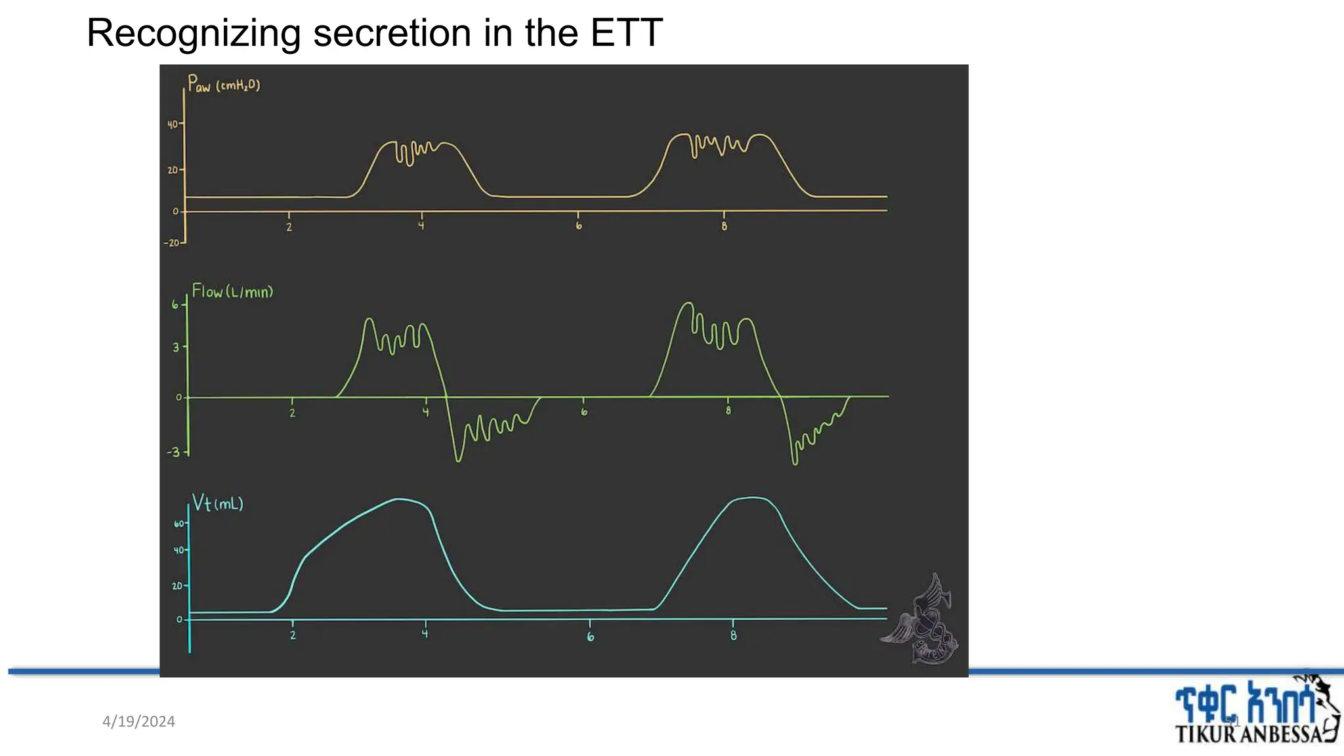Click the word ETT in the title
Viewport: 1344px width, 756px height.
pyautogui.click(x=626, y=33)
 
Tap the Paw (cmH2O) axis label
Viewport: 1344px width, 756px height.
pyautogui.click(x=223, y=85)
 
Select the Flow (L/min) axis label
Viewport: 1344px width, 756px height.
pyautogui.click(x=232, y=291)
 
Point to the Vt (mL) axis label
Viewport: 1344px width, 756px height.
pyautogui.click(x=217, y=503)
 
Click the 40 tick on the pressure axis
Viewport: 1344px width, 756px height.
pyautogui.click(x=172, y=124)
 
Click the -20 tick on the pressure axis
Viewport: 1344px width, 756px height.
pyautogui.click(x=171, y=243)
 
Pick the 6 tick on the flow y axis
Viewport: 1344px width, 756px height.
pyautogui.click(x=175, y=304)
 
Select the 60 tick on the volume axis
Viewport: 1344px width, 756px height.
pyautogui.click(x=178, y=524)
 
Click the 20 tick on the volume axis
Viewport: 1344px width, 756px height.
pyautogui.click(x=177, y=585)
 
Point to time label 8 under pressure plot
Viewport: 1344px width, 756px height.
pyautogui.click(x=724, y=226)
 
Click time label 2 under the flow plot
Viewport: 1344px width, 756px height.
pyautogui.click(x=292, y=413)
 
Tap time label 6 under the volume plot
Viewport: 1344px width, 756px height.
pyautogui.click(x=590, y=637)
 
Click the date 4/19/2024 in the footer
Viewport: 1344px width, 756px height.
pyautogui.click(x=138, y=721)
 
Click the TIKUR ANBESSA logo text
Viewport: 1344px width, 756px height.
pyautogui.click(x=1247, y=734)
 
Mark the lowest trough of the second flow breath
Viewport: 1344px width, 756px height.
pyautogui.click(x=795, y=463)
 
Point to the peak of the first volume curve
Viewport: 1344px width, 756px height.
pyautogui.click(x=400, y=499)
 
